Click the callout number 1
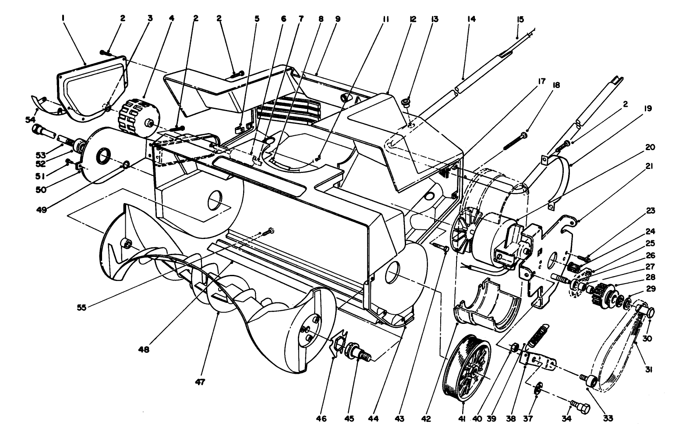coord(64,19)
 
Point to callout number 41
coord(461,418)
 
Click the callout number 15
coord(520,19)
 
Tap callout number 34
coord(566,418)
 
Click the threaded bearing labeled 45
coord(357,352)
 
